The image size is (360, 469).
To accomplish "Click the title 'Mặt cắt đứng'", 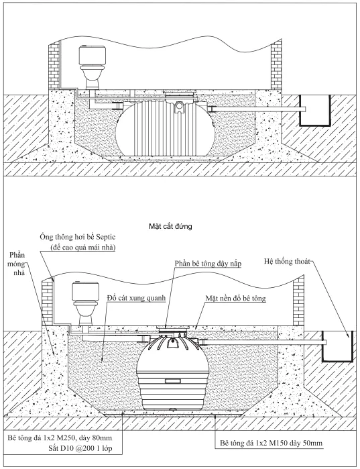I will point(171,227).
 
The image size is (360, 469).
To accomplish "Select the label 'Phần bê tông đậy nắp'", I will point(208,264).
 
